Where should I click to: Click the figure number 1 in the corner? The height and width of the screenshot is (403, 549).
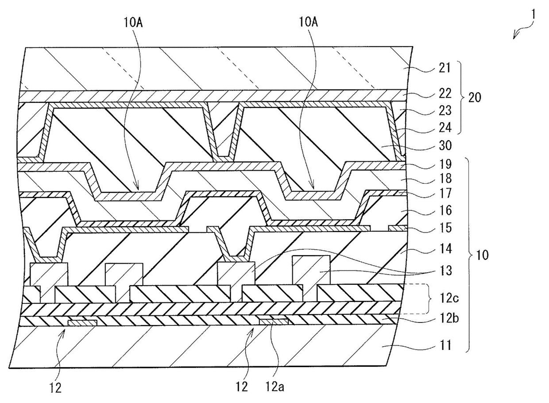pyautogui.click(x=534, y=15)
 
